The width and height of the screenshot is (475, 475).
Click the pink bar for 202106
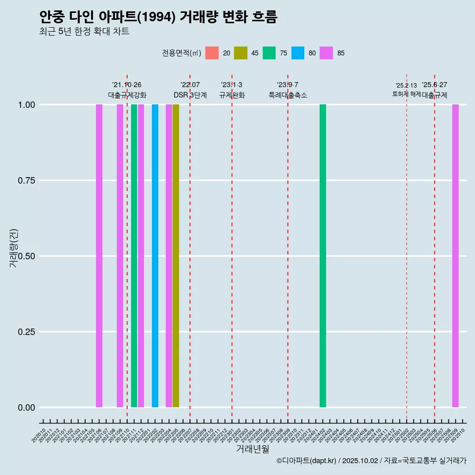click(99, 256)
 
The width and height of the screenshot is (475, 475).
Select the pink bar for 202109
click(120, 256)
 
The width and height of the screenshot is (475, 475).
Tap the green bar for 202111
click(134, 256)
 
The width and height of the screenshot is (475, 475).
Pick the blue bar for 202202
click(155, 256)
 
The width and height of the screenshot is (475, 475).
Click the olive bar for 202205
click(176, 256)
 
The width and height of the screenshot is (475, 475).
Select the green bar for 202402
click(323, 256)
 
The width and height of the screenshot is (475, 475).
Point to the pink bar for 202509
click(455, 256)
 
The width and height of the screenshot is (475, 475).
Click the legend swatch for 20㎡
click(212, 53)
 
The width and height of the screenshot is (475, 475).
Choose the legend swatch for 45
click(240, 53)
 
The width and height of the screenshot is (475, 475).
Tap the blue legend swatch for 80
click(298, 53)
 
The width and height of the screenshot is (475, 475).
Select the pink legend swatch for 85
click(327, 53)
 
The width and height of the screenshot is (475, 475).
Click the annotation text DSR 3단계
click(190, 95)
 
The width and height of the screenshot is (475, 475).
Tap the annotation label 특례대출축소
click(288, 95)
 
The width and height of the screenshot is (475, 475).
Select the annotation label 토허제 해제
click(406, 94)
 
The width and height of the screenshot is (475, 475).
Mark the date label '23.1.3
click(232, 85)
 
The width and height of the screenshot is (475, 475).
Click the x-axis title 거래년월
click(252, 449)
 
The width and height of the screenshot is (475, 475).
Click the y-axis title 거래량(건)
click(14, 247)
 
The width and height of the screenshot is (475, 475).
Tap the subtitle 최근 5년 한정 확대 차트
click(84, 32)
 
